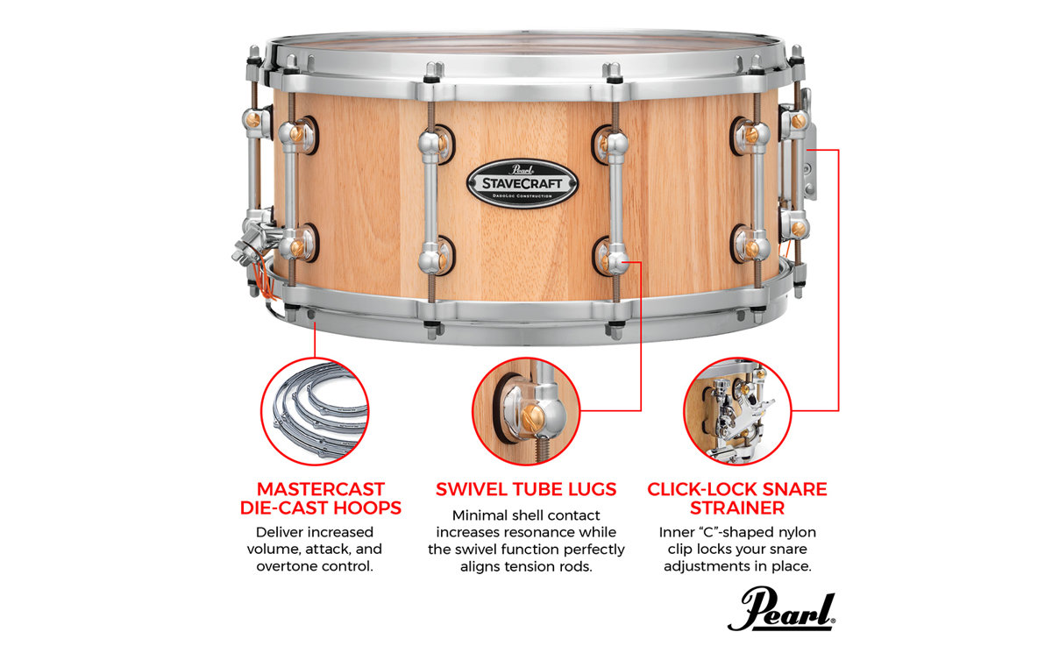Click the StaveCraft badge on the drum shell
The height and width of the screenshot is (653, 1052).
tap(522, 183)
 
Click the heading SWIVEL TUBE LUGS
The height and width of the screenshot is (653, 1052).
tap(526, 489)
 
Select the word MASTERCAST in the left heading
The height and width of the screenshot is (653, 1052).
tap(321, 489)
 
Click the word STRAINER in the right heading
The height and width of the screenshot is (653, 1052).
tap(737, 508)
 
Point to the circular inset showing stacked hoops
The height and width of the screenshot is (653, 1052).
tap(315, 411)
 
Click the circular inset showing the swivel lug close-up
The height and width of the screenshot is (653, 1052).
tap(526, 411)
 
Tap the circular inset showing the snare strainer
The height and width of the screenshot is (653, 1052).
tap(737, 411)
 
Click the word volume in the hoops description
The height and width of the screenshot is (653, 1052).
tap(274, 550)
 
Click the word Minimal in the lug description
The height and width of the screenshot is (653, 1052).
tap(479, 515)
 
